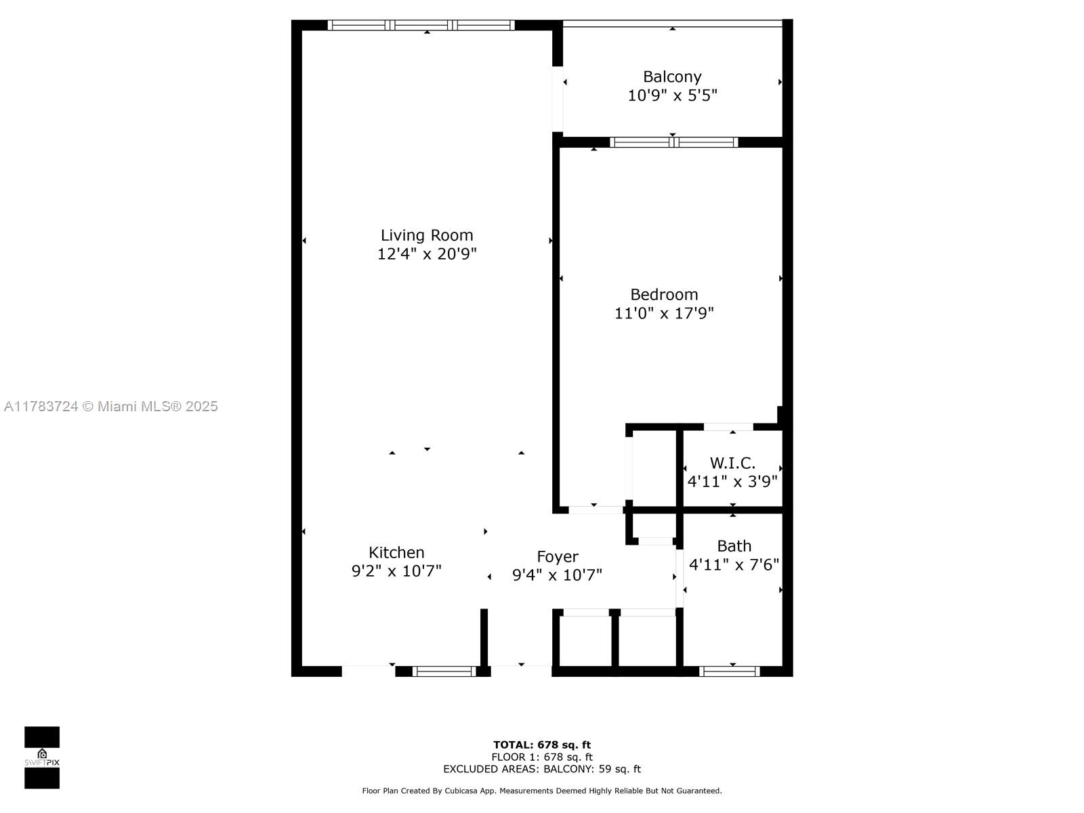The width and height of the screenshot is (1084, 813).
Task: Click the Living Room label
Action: (427, 236)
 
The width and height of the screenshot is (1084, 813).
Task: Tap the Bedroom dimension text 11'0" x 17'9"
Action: (664, 313)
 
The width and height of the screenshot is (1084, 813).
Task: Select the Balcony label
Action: (672, 77)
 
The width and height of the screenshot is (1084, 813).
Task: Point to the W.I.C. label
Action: (732, 463)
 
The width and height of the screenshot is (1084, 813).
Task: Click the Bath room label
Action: (734, 546)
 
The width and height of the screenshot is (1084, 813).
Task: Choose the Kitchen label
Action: (396, 552)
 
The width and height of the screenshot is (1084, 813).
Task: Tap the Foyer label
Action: (558, 557)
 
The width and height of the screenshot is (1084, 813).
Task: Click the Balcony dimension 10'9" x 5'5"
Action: (672, 96)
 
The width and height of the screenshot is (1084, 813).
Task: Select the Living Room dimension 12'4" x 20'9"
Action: (427, 253)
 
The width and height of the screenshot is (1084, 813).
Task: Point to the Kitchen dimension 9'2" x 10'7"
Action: (396, 571)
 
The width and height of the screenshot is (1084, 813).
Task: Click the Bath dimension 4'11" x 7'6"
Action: (734, 564)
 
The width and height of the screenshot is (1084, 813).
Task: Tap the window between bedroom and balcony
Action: (674, 142)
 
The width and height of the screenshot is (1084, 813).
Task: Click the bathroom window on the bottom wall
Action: (730, 671)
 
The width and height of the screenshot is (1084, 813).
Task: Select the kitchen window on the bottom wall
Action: (444, 671)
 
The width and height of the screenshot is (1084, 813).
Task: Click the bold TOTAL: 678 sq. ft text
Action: (542, 745)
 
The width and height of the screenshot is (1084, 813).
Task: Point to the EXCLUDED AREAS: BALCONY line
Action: (542, 768)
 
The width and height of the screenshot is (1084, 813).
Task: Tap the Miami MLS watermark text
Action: (110, 406)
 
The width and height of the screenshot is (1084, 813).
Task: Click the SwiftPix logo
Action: (42, 757)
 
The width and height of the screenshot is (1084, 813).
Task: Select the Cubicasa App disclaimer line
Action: (542, 791)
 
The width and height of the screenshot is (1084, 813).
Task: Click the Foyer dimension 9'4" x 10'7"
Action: (557, 575)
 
